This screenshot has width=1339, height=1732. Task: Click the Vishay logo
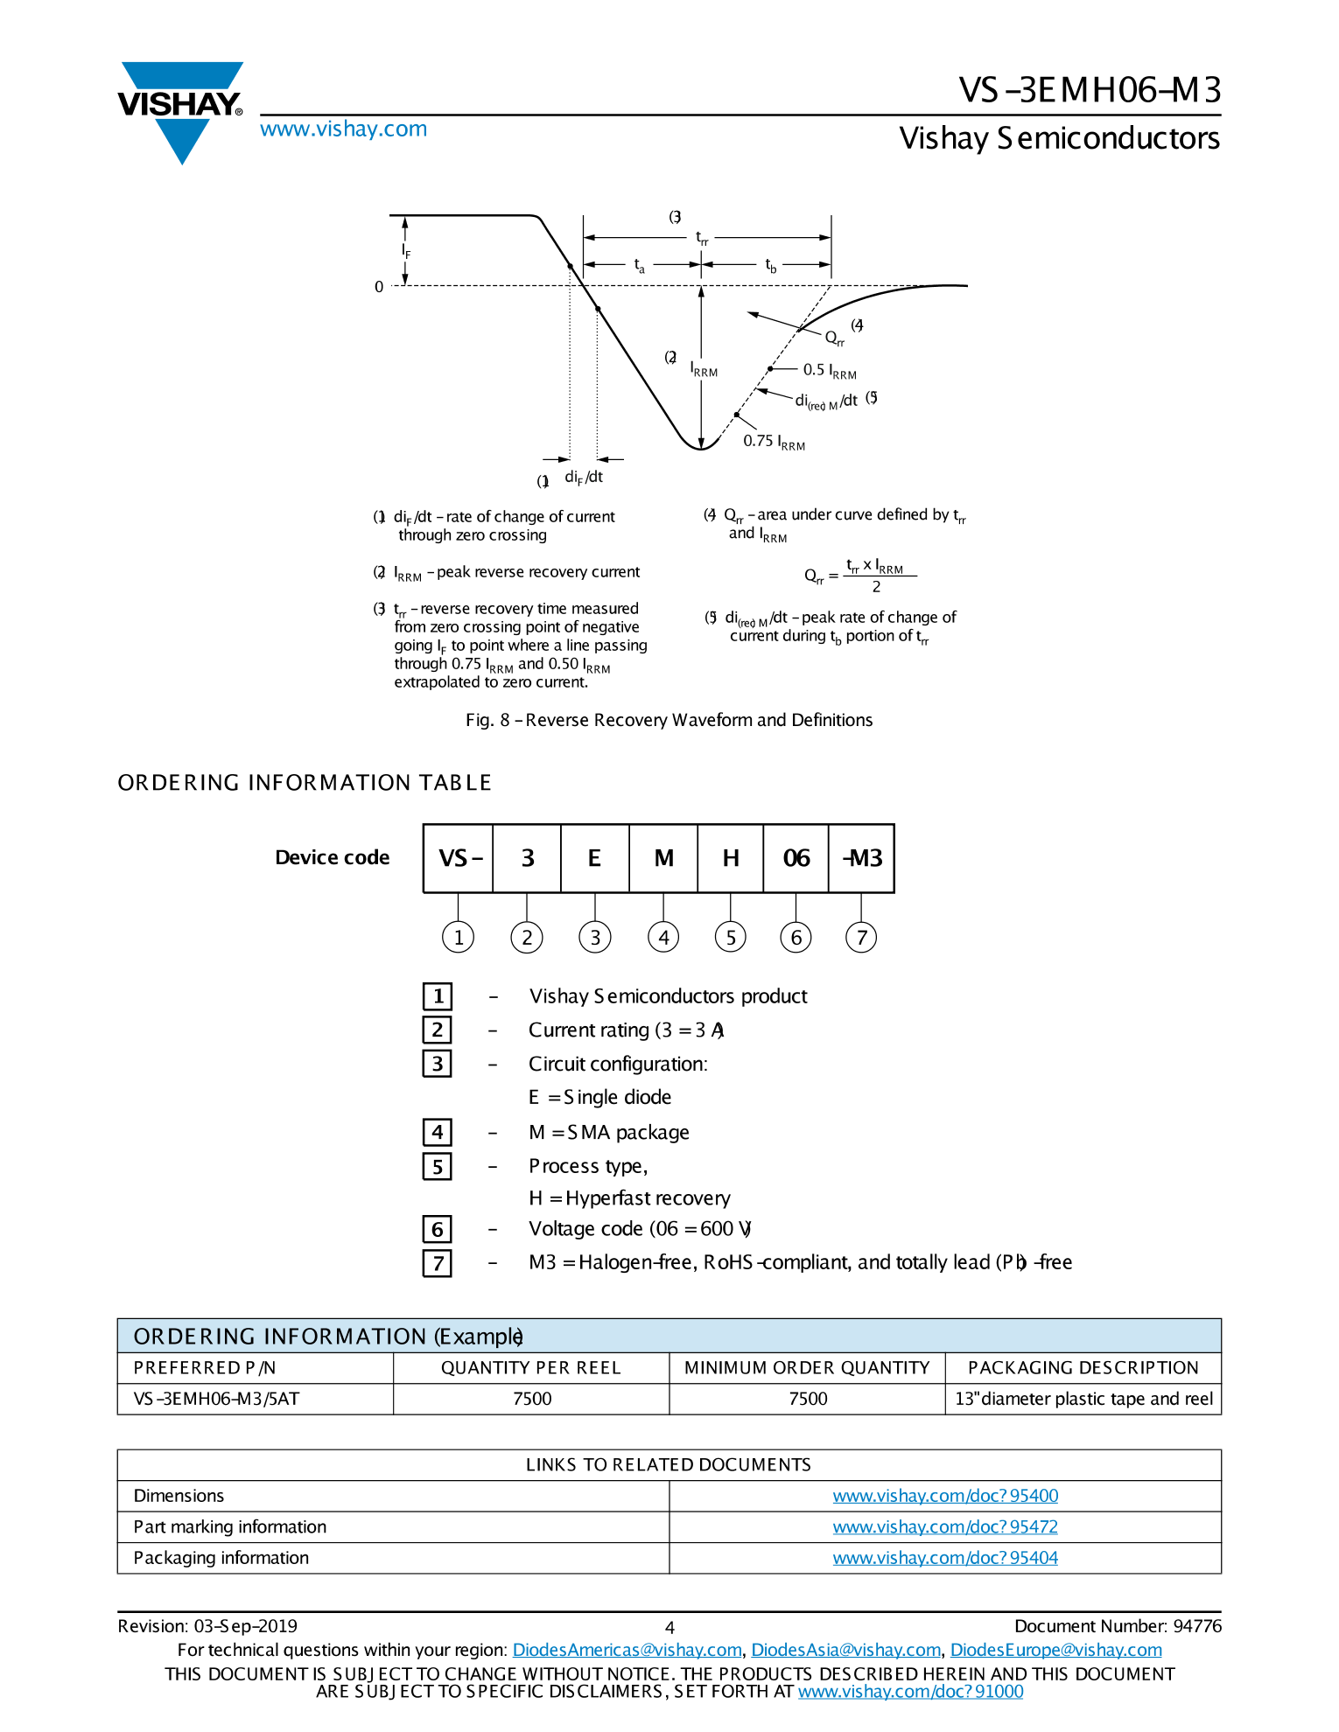click(x=180, y=110)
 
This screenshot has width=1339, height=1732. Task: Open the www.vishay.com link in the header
click(x=343, y=129)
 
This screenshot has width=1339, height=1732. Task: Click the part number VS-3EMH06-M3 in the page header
click(x=1089, y=90)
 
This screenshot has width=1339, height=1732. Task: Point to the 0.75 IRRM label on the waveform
click(x=774, y=442)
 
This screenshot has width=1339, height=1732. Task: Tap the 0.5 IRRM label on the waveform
click(x=829, y=371)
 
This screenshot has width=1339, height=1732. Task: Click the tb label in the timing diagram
click(x=770, y=265)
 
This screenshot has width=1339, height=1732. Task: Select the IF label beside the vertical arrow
click(x=406, y=251)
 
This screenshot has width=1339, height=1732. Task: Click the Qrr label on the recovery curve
click(x=834, y=339)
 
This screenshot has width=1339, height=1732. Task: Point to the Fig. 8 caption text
click(x=669, y=720)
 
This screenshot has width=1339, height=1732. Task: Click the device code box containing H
click(x=731, y=858)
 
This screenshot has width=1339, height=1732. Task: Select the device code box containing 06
click(x=796, y=858)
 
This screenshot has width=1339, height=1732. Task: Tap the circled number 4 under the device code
click(x=663, y=938)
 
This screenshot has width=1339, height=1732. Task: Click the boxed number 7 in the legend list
click(x=438, y=1263)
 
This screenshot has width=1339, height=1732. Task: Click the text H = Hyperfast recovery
click(x=629, y=1198)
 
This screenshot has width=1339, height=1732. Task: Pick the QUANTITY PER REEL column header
click(x=530, y=1368)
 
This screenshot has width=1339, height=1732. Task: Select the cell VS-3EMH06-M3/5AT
click(x=216, y=1399)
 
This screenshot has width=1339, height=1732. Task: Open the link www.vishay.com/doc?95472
click(x=944, y=1527)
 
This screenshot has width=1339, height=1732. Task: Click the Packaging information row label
click(x=221, y=1558)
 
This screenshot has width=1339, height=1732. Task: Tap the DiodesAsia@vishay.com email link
click(x=845, y=1650)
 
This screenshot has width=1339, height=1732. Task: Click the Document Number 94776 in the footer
click(x=1117, y=1626)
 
